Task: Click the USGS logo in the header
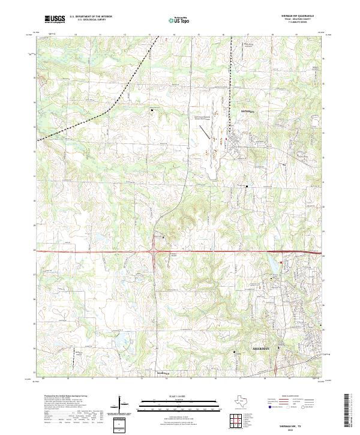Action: click(55, 20)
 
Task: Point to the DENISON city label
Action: click(248, 112)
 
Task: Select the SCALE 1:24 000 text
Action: click(180, 396)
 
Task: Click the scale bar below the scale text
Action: click(180, 402)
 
